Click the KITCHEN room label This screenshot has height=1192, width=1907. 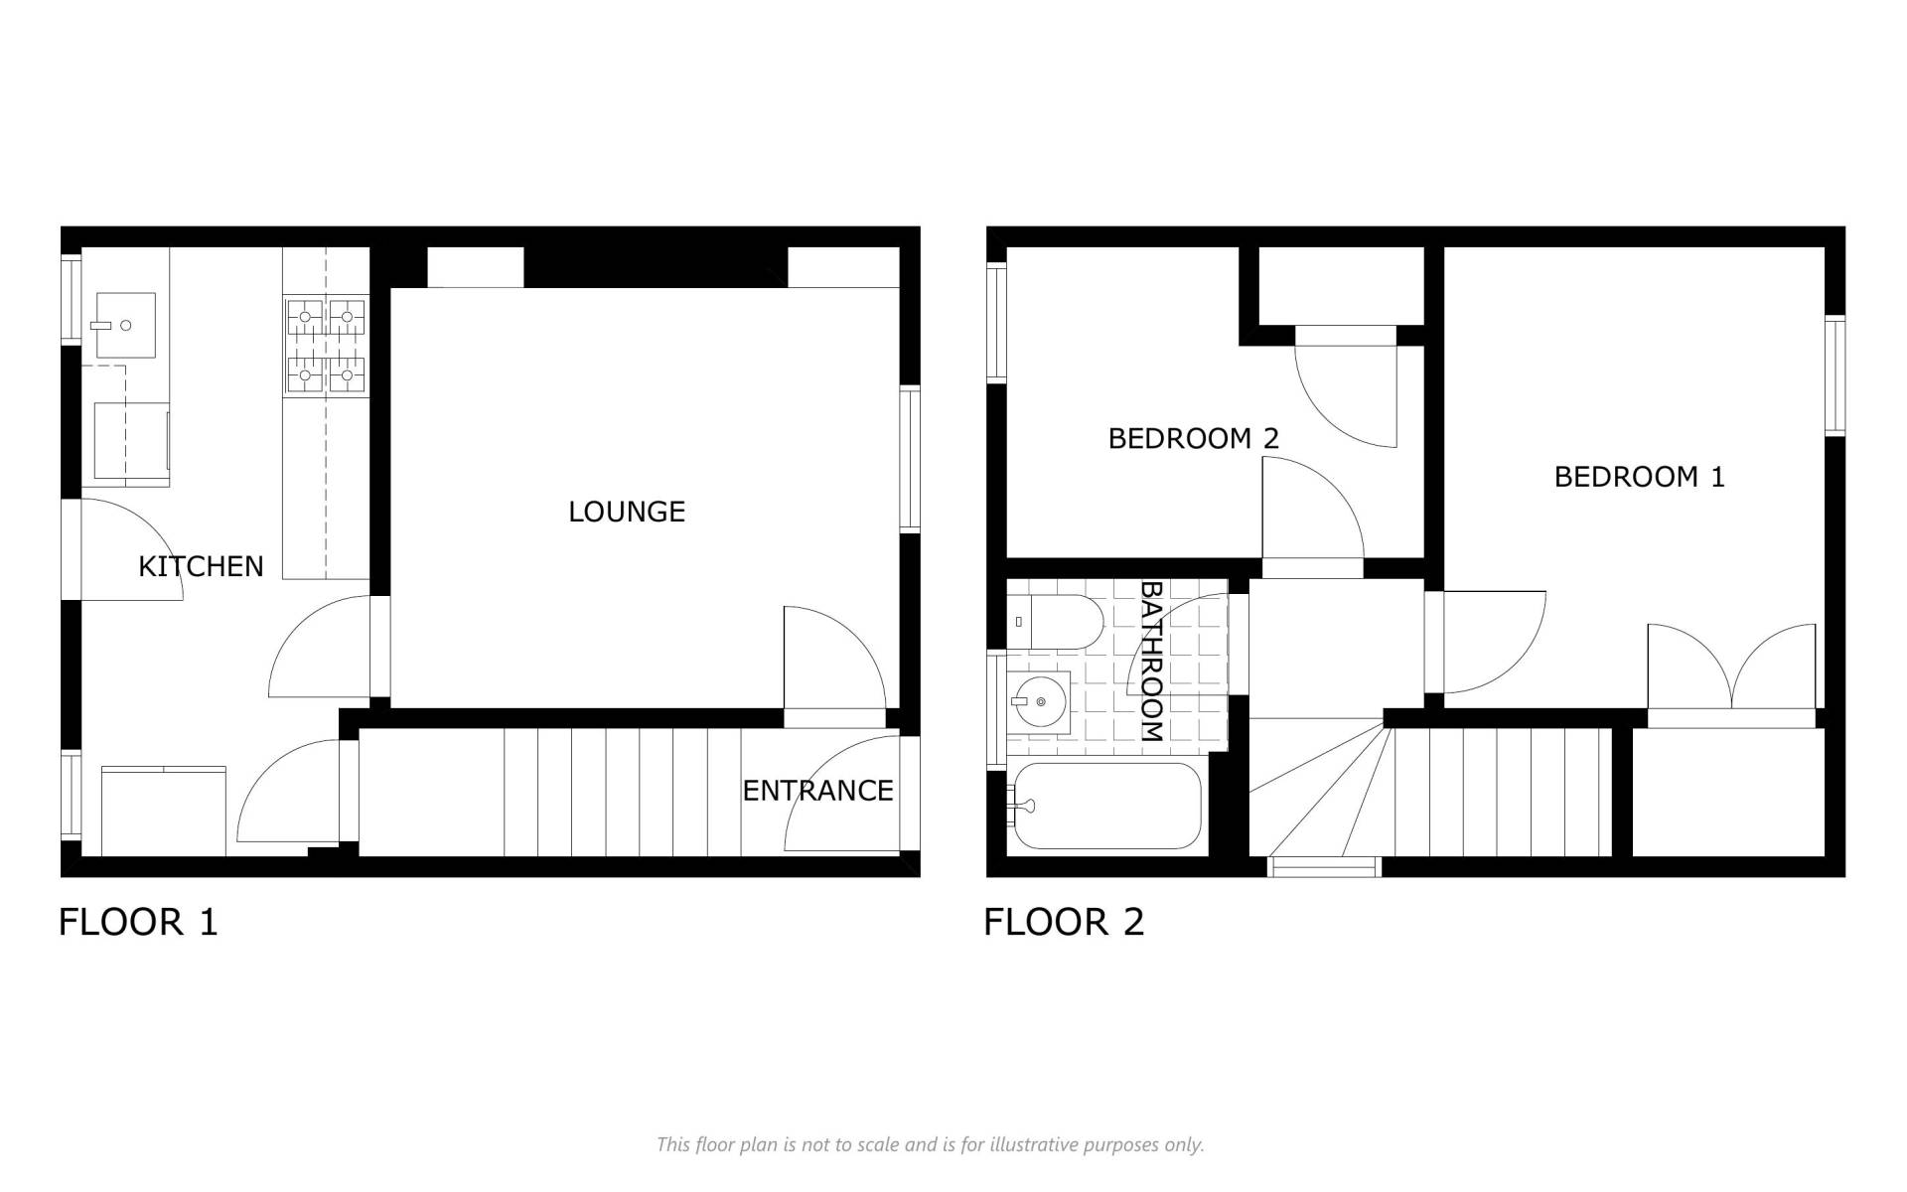201,566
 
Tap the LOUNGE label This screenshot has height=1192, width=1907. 627,512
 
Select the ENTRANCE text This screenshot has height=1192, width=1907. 817,791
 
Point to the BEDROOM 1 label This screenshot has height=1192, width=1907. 1639,477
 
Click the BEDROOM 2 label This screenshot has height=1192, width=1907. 1193,438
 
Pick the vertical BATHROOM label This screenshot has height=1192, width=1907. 1150,662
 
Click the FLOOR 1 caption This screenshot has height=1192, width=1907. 138,922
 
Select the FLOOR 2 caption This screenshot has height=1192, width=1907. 1064,922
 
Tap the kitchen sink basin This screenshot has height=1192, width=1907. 125,325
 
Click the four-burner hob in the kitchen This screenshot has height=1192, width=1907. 326,346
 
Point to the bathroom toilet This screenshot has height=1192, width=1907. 1056,622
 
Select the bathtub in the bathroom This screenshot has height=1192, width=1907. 1104,806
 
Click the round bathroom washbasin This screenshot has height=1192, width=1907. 1039,701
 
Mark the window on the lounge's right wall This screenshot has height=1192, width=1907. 910,460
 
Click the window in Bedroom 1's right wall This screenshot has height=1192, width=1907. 1835,375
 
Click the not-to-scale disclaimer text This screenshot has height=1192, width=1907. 931,1145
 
